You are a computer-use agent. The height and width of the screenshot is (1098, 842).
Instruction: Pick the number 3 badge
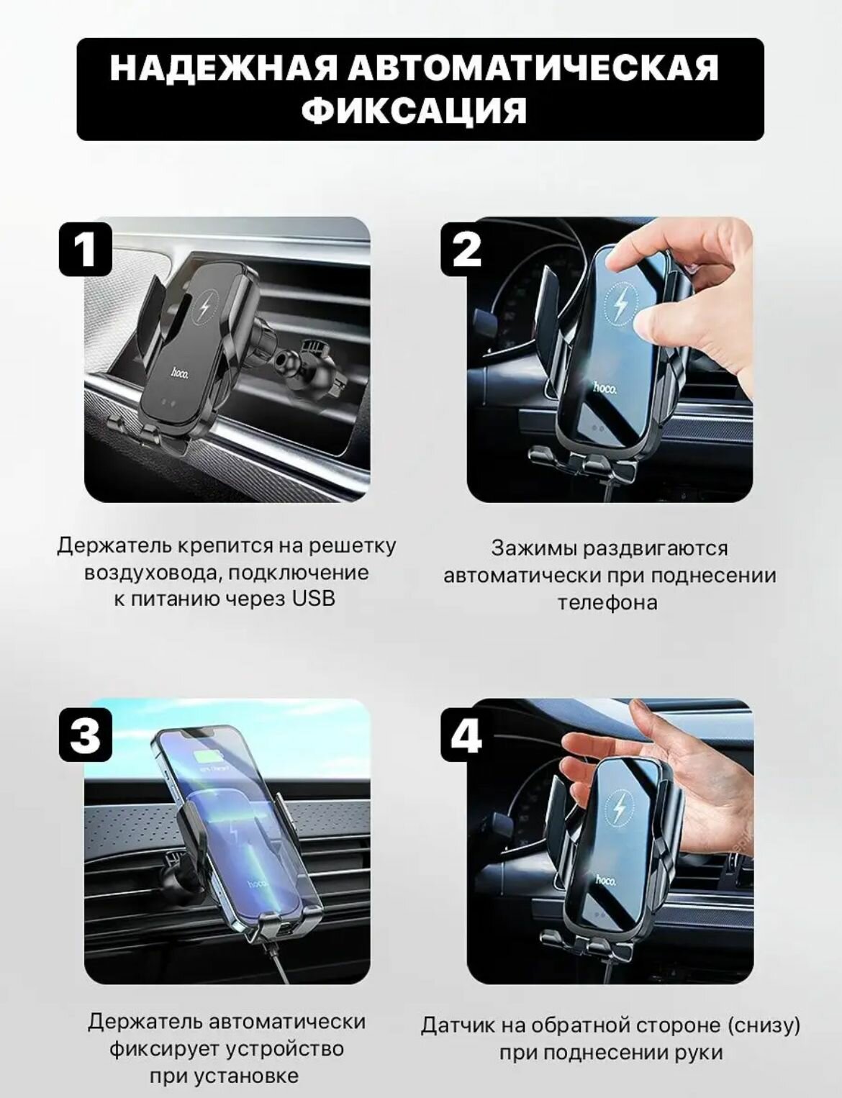[86, 735]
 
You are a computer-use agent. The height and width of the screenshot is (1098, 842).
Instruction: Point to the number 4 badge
[466, 735]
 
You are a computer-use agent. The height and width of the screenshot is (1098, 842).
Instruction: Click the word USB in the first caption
[312, 599]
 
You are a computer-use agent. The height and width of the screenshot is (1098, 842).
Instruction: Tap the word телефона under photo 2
[608, 603]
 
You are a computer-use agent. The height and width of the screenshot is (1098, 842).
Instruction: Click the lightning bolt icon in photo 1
[207, 309]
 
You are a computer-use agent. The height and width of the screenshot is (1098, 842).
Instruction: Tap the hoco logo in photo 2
[605, 388]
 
